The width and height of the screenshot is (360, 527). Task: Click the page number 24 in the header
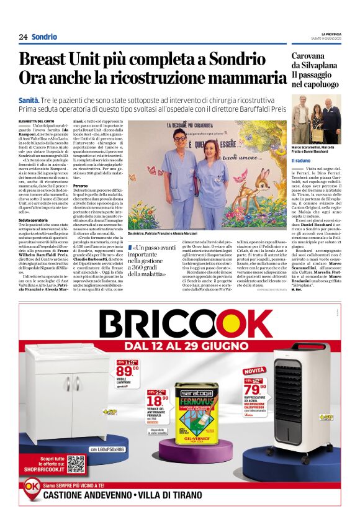[23, 37]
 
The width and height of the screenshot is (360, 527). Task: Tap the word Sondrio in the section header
[44, 37]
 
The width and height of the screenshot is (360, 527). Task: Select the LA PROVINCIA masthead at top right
[330, 34]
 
